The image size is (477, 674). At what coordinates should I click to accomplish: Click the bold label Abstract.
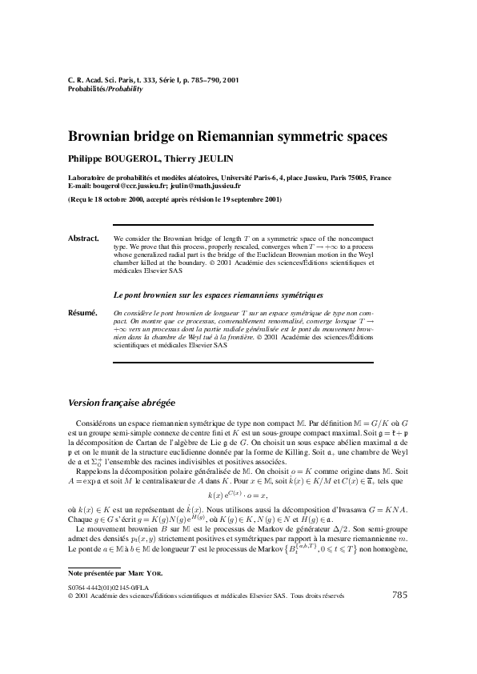82,239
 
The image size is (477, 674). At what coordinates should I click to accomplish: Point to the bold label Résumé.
82,312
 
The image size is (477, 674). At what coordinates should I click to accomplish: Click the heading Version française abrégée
122,402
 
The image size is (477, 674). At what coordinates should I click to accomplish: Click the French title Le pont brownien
144,295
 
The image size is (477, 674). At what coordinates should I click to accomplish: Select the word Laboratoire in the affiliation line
90,177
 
